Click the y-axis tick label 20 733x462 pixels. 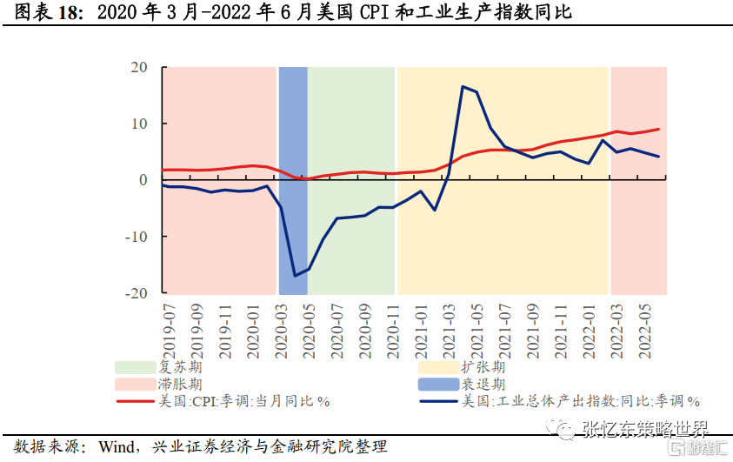pyautogui.click(x=138, y=67)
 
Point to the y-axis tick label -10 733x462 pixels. pyautogui.click(x=136, y=237)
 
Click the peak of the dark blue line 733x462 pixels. pyautogui.click(x=463, y=86)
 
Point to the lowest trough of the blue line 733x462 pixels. pyautogui.click(x=295, y=276)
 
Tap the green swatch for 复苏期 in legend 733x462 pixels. pyautogui.click(x=134, y=367)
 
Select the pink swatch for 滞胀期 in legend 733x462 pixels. pyautogui.click(x=134, y=384)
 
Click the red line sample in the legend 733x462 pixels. pyautogui.click(x=134, y=401)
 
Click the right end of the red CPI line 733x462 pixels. pyautogui.click(x=658, y=129)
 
